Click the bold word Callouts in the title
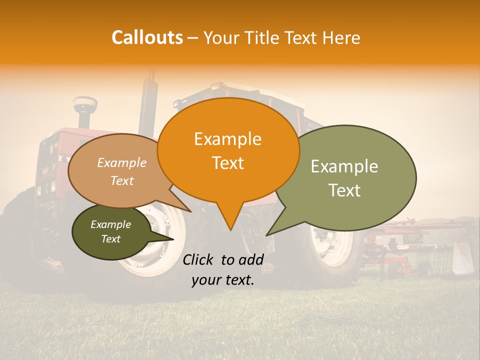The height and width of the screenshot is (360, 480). pyautogui.click(x=147, y=37)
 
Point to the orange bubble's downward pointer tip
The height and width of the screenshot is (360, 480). pyautogui.click(x=230, y=229)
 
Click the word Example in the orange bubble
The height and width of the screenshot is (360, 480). pyautogui.click(x=227, y=139)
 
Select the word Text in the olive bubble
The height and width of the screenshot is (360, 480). pyautogui.click(x=345, y=190)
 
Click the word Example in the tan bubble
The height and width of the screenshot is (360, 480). pyautogui.click(x=121, y=163)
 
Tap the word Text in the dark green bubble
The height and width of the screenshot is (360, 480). pyautogui.click(x=110, y=239)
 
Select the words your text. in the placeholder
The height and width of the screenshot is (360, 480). pyautogui.click(x=223, y=280)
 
